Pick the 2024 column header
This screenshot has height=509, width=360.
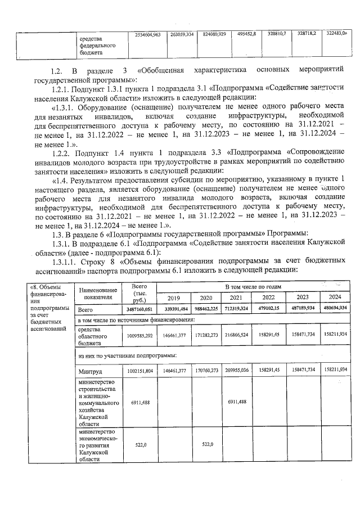[x=335, y=298]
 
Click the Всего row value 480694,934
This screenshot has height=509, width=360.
[x=335, y=309]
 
